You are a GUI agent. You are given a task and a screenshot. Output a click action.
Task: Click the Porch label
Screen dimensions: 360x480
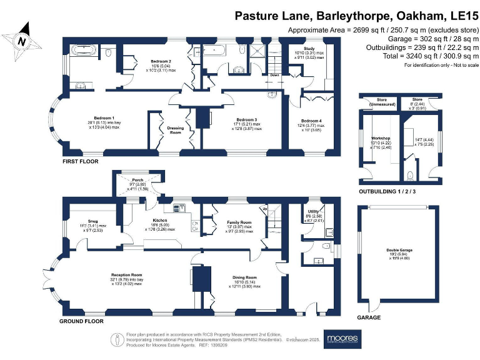(137, 177)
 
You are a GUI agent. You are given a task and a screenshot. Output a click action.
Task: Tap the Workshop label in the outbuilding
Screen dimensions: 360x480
(381, 137)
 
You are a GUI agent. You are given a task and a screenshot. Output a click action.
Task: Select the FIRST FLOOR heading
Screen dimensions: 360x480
(80, 161)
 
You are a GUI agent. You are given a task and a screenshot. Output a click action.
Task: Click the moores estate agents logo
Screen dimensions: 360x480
(342, 338)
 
